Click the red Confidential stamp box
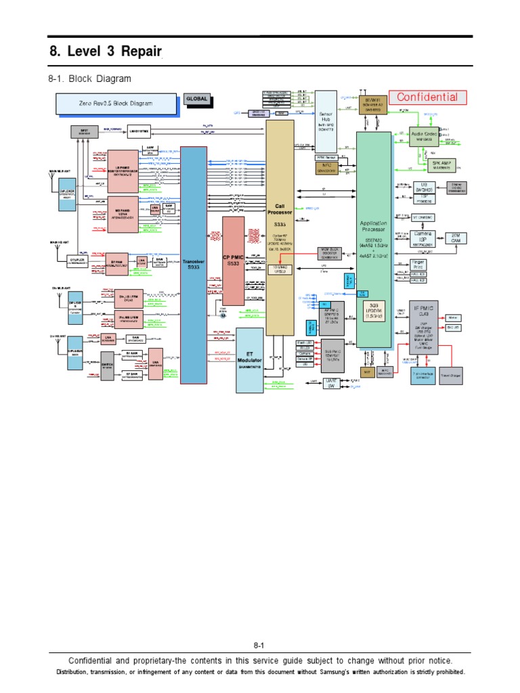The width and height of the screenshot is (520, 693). pyautogui.click(x=427, y=97)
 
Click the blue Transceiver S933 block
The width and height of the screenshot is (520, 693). pyautogui.click(x=194, y=265)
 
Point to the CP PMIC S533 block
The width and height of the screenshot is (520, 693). pyautogui.click(x=233, y=261)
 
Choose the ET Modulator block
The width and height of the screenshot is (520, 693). pyautogui.click(x=249, y=361)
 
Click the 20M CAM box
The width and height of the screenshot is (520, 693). pyautogui.click(x=456, y=238)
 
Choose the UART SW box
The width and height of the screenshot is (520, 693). pyautogui.click(x=331, y=384)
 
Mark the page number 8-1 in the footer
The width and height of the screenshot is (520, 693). pyautogui.click(x=259, y=646)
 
